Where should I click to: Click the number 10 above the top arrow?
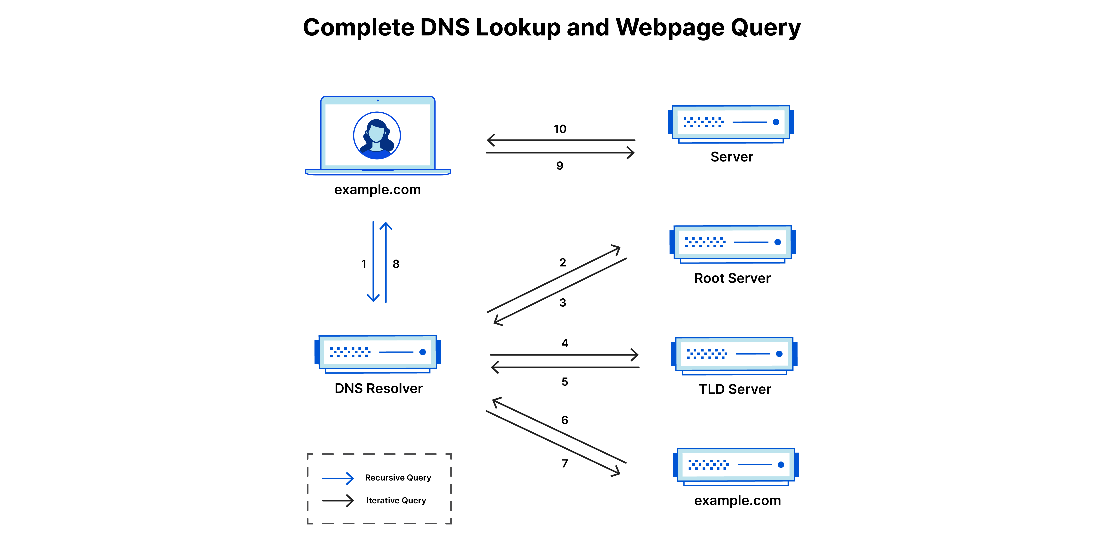pyautogui.click(x=560, y=129)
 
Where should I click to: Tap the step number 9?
pyautogui.click(x=560, y=166)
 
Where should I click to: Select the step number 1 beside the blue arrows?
pyautogui.click(x=364, y=264)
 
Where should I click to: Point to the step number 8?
pyautogui.click(x=396, y=264)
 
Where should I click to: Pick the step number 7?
pyautogui.click(x=564, y=463)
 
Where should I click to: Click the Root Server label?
pyautogui.click(x=732, y=278)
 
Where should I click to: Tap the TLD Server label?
pyautogui.click(x=735, y=389)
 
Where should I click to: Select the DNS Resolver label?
pyautogui.click(x=378, y=388)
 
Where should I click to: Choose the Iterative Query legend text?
pyautogui.click(x=396, y=500)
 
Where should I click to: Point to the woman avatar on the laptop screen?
pyautogui.click(x=377, y=135)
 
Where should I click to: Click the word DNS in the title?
pyautogui.click(x=445, y=28)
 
